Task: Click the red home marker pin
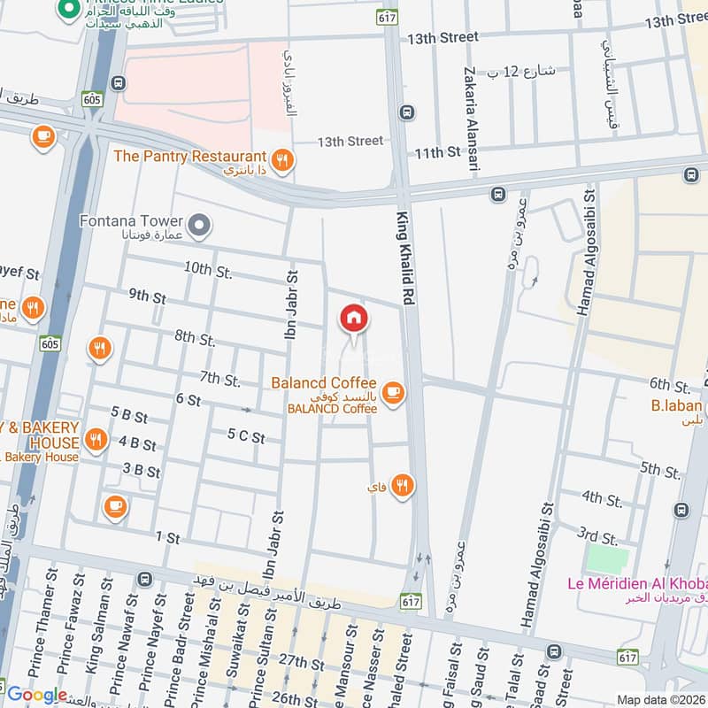[x=354, y=319]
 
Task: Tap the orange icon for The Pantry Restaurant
[x=281, y=160]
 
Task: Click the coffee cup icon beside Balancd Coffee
[x=393, y=392]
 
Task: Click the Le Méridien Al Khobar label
[x=636, y=584]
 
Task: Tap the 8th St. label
[x=195, y=338]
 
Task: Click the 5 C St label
[x=246, y=435]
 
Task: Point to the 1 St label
[x=167, y=536]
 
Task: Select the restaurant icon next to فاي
[x=403, y=485]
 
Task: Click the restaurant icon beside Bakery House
[x=97, y=440]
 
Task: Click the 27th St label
[x=298, y=662]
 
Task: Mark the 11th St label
[x=438, y=152]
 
